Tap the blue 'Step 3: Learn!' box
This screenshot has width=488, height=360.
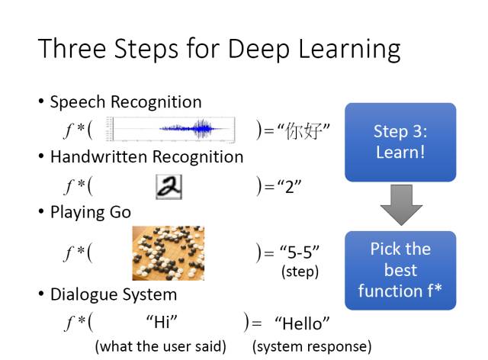click(x=400, y=142)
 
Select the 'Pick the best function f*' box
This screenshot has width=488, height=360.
click(x=400, y=270)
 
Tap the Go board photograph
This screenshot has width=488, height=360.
click(x=168, y=252)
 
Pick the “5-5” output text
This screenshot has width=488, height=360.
click(x=299, y=252)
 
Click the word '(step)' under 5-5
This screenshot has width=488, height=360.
click(x=300, y=271)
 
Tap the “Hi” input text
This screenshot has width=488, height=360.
click(x=161, y=323)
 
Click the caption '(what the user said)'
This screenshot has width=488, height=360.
click(x=161, y=346)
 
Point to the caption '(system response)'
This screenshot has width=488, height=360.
click(x=312, y=346)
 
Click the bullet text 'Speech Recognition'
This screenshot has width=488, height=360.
click(x=126, y=102)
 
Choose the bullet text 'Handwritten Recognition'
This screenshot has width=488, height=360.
click(x=146, y=157)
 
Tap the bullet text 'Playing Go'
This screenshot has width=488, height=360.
click(x=91, y=212)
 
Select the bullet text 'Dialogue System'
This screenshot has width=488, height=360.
click(x=113, y=294)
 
